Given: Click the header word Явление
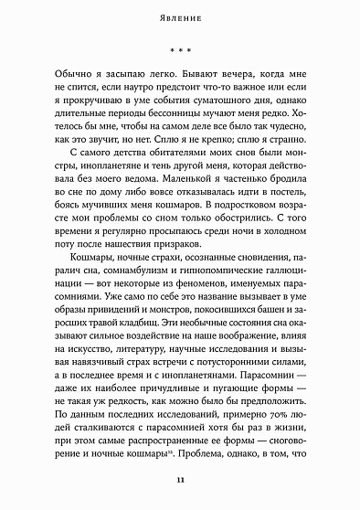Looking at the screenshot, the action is (x=180, y=16).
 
